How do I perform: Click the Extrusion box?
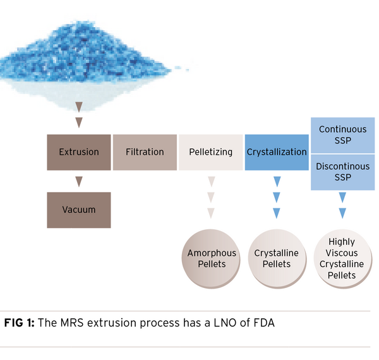click(79, 152)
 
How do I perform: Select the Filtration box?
click(145, 152)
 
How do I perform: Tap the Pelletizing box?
click(211, 152)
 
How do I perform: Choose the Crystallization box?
click(277, 152)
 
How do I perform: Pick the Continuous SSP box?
click(342, 135)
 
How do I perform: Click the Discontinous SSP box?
click(342, 172)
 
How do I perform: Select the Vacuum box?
click(79, 210)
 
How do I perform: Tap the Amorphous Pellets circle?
click(212, 258)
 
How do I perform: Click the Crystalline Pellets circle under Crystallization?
click(276, 258)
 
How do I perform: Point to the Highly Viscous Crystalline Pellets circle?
click(342, 258)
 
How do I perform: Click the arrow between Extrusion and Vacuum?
click(79, 182)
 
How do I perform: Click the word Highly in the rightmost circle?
click(342, 242)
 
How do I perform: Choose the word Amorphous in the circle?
click(212, 253)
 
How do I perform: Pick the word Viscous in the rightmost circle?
click(342, 253)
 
